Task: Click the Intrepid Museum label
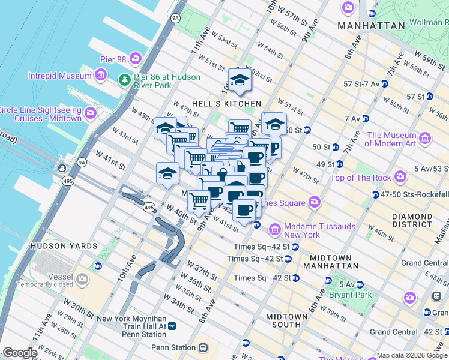coord(59,76)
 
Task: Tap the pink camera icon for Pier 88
coord(136,58)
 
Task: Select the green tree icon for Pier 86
coord(125,80)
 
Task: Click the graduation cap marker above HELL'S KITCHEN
coord(239,80)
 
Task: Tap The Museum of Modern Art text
coord(391,139)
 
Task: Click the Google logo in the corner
coord(19,353)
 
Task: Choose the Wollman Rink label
coord(429,23)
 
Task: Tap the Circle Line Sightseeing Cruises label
coord(40,113)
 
